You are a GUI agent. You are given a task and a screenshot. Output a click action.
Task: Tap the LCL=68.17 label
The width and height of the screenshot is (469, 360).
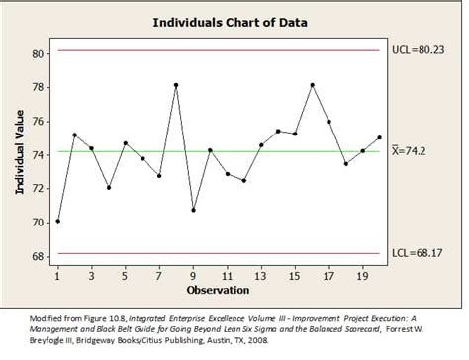[x=420, y=253]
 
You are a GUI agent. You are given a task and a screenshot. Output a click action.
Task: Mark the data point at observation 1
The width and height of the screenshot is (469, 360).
[x=57, y=221]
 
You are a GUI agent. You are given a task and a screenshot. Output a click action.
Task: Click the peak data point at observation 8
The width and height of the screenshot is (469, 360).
[x=176, y=85]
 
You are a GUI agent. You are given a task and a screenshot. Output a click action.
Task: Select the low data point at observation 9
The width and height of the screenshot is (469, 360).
[x=193, y=210]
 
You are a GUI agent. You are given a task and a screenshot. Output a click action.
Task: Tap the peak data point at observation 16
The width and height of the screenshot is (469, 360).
[x=313, y=85]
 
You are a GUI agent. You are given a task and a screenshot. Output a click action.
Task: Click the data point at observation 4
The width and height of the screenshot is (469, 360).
[x=109, y=187]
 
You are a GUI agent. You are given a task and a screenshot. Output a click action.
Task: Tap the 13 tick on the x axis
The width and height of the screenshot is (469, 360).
[x=261, y=276]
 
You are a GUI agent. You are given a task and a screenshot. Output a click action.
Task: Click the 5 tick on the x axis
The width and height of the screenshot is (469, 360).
[x=126, y=276]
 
